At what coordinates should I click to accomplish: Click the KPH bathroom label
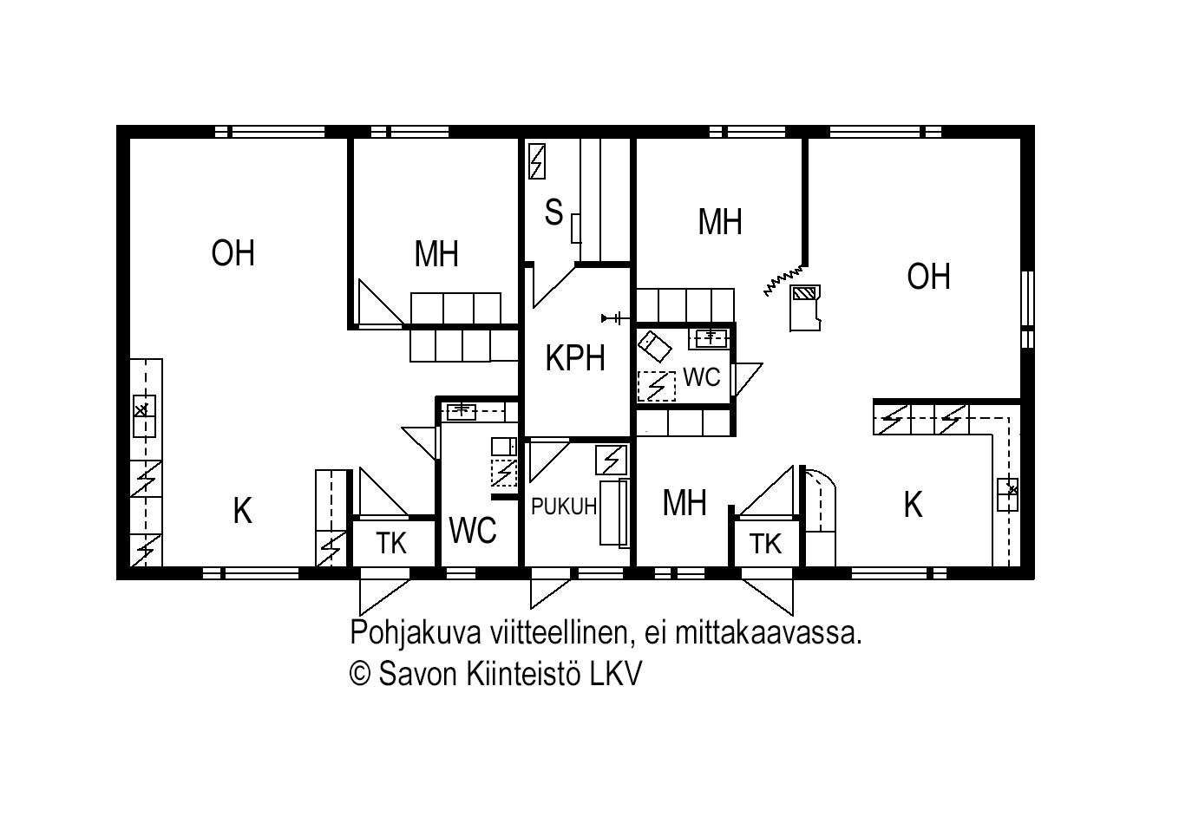click(x=575, y=358)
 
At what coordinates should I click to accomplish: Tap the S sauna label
click(x=553, y=212)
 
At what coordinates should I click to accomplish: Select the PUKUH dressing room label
click(x=564, y=507)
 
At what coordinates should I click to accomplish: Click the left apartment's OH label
click(x=233, y=253)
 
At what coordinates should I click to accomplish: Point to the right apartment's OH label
click(x=928, y=276)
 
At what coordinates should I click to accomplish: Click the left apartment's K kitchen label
click(x=243, y=511)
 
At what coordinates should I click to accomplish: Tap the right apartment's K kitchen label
click(x=914, y=505)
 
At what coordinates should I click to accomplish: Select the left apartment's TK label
click(x=391, y=544)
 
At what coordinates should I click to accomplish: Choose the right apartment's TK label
click(x=765, y=544)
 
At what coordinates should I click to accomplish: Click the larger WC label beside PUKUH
click(x=473, y=530)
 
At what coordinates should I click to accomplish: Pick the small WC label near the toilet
click(x=702, y=377)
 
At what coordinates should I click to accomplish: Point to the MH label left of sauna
click(x=436, y=254)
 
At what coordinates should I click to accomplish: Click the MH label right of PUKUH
click(x=684, y=503)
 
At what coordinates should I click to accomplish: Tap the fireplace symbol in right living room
click(x=805, y=308)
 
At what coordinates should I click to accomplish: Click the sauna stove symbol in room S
click(x=537, y=161)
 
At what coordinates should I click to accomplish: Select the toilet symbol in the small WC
click(x=654, y=347)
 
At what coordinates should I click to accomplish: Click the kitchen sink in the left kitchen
click(x=144, y=415)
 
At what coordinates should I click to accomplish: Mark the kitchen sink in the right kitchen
click(x=1007, y=494)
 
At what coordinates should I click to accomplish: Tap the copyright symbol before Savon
click(x=360, y=674)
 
